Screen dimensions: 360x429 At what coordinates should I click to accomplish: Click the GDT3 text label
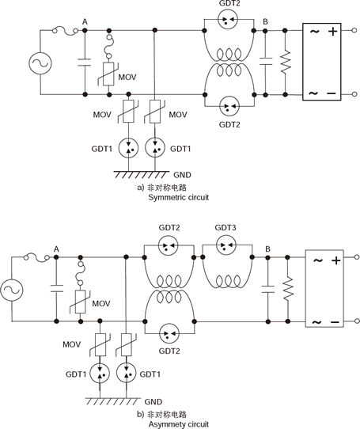[225, 228]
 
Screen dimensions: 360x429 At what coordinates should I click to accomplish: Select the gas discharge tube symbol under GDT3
[226, 245]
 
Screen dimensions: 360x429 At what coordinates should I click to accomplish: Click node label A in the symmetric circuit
[85, 22]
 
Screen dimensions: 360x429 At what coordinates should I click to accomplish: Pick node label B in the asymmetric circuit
[267, 249]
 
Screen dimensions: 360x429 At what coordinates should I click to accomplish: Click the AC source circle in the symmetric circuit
[40, 63]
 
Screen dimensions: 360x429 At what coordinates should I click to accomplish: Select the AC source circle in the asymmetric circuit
[12, 290]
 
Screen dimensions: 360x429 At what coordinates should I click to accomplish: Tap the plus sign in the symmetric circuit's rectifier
[333, 32]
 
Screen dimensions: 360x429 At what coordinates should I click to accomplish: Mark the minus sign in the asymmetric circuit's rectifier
[335, 322]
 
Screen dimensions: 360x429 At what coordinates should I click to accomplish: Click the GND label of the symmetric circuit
[183, 175]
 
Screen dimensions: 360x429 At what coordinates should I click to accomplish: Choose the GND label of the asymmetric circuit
[153, 401]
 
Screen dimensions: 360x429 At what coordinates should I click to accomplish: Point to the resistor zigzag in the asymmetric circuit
[288, 290]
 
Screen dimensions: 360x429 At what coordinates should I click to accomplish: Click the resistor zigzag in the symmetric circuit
[286, 62]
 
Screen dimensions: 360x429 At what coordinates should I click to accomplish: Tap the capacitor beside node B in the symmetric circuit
[265, 61]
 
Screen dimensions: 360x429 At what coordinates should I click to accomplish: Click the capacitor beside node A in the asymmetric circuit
[57, 289]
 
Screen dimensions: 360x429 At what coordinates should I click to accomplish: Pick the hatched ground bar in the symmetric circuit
[142, 175]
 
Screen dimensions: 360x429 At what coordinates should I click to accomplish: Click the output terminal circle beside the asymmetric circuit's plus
[357, 257]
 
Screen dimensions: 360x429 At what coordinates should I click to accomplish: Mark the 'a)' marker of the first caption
[140, 188]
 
